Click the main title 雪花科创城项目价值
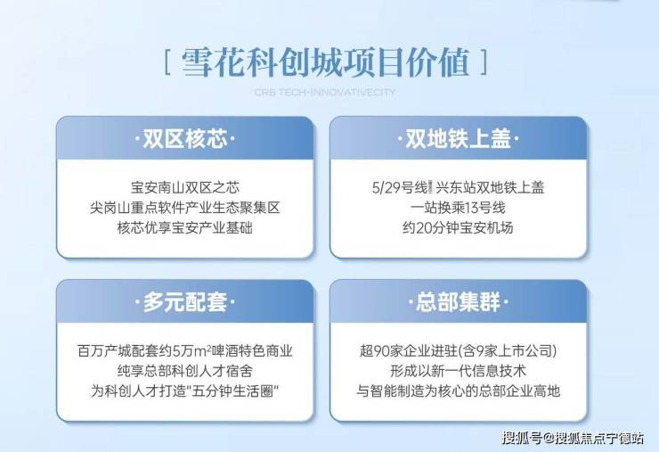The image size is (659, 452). point(325,63)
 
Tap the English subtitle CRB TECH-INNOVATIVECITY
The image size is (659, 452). point(325,92)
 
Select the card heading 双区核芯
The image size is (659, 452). point(185,139)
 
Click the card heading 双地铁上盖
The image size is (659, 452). point(458,139)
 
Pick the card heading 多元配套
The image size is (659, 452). point(185,302)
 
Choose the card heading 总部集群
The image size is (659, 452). point(458,302)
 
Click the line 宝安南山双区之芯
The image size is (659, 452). point(185,187)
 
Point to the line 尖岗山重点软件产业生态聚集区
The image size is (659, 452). point(185,208)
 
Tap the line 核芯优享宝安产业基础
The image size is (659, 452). point(185,227)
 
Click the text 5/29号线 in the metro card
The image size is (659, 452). point(400,187)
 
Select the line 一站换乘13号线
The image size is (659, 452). point(458,208)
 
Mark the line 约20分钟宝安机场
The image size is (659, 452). point(458,227)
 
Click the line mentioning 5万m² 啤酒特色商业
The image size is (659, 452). point(185,350)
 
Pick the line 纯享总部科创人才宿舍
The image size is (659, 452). point(185,371)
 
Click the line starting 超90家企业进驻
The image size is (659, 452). point(458,350)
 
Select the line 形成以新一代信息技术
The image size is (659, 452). point(458,371)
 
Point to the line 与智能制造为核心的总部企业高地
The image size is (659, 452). point(458,391)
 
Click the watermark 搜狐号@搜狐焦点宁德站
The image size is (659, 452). point(573,438)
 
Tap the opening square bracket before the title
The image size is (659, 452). point(167,62)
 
